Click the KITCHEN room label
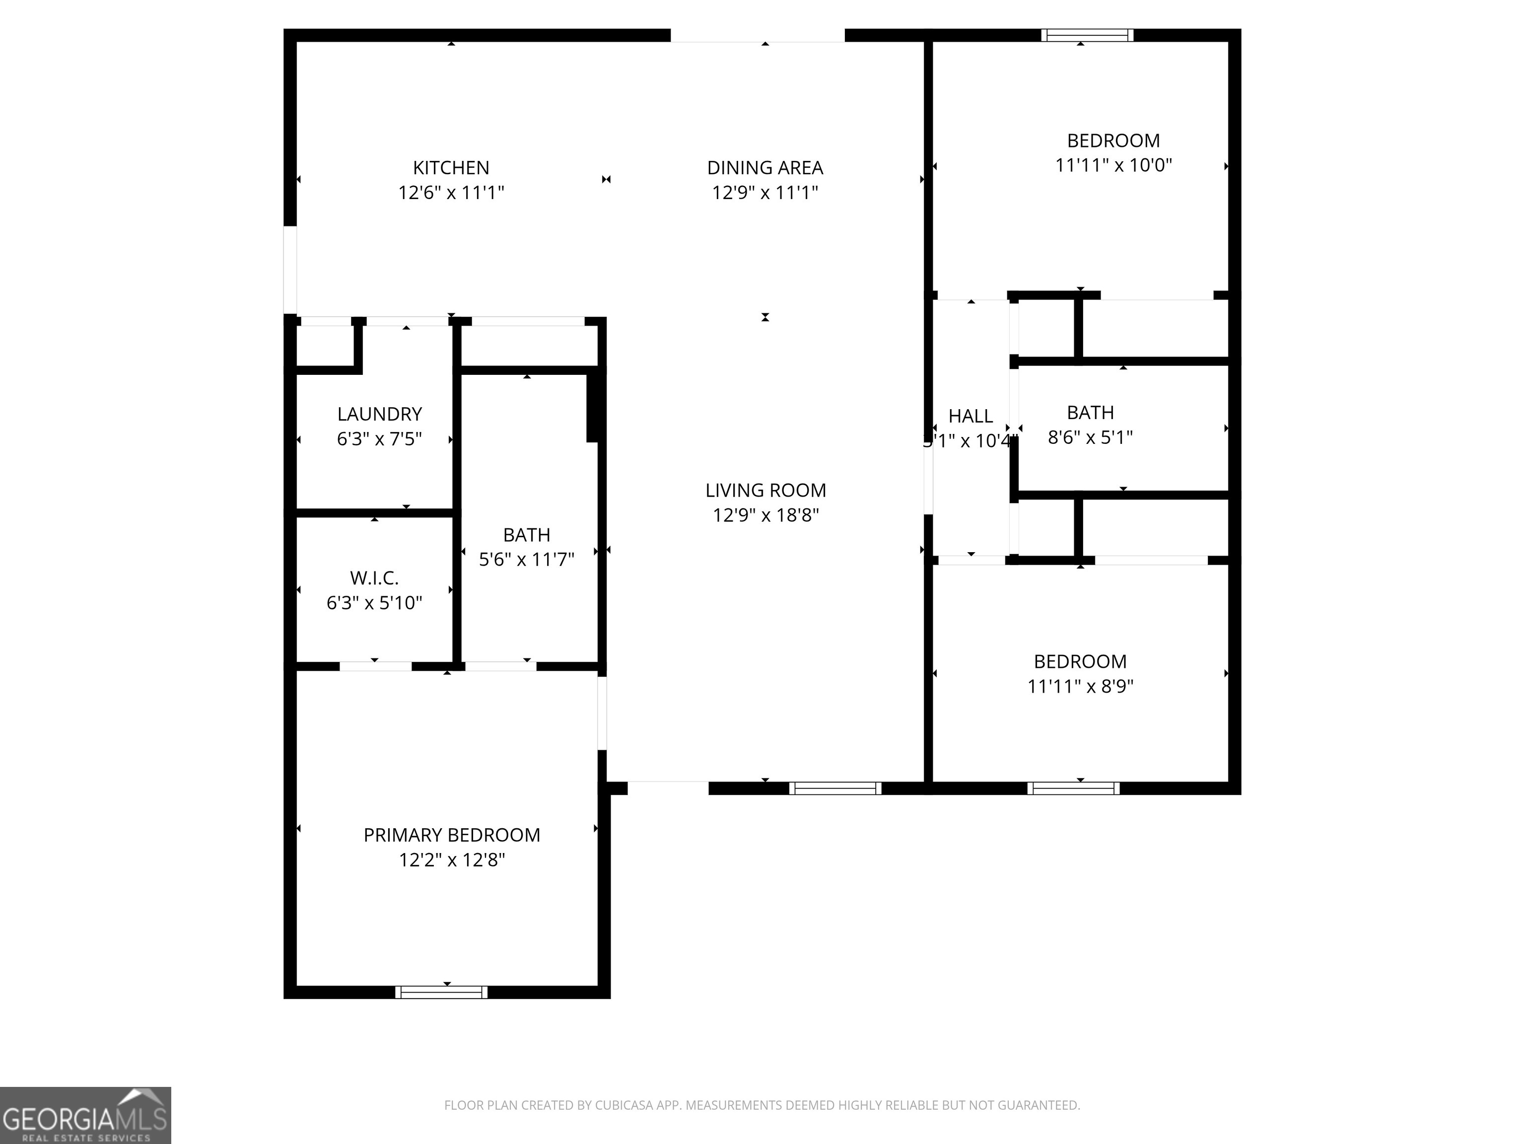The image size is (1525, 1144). coord(451,167)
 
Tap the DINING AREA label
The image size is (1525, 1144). coord(764,167)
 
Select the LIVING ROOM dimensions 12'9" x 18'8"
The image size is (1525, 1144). coord(765,515)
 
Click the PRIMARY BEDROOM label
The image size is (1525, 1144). coord(452,835)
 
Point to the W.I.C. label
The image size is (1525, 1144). coord(374,578)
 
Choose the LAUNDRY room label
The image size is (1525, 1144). coord(379,414)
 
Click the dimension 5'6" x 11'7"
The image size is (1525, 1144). coord(527,559)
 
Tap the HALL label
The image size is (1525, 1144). coord(970,416)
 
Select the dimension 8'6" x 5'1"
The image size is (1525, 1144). coord(1090,437)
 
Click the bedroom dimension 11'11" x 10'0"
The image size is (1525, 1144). coord(1113,165)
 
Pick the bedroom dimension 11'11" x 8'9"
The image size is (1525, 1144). coord(1080,686)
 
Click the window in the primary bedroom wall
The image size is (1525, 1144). coord(441,992)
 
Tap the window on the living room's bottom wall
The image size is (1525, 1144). coord(835,788)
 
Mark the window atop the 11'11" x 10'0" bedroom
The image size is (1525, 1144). coord(1087,35)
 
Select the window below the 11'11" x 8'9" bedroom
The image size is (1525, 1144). coord(1073,788)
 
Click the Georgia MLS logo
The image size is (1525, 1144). coord(85,1115)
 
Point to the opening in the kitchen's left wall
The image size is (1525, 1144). coord(290,270)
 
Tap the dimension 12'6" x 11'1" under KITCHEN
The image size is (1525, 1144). coord(451,192)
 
